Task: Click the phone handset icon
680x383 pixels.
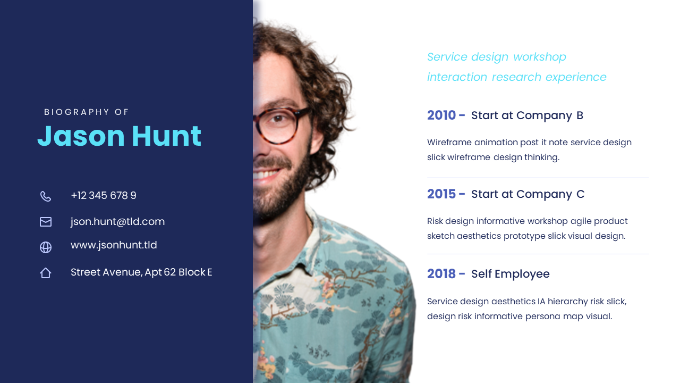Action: [46, 196]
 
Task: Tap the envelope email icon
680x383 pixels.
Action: [46, 222]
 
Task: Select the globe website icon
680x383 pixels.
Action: [46, 247]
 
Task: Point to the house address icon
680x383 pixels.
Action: [46, 273]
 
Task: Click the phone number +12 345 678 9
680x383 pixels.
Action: [104, 195]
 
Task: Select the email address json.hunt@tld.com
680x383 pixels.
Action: [117, 222]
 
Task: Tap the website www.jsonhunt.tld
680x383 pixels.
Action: [114, 245]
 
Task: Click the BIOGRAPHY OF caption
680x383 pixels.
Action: [87, 112]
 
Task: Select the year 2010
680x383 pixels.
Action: [441, 115]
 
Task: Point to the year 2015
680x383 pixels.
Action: [441, 194]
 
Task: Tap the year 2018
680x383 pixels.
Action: [441, 274]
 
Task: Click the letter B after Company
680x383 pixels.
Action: [580, 115]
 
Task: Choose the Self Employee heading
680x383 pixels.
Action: [511, 274]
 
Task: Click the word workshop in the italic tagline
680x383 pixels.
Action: [540, 57]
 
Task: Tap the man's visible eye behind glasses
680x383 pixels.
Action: [277, 118]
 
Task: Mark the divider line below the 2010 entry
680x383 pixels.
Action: [538, 178]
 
